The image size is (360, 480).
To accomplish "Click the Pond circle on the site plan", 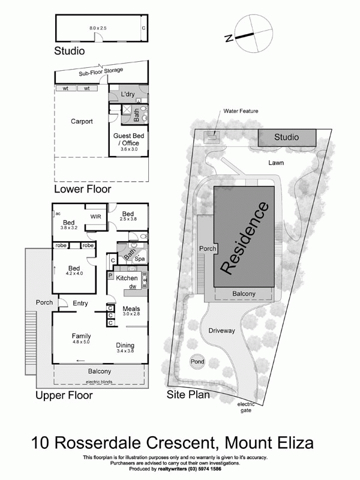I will (x=197, y=361).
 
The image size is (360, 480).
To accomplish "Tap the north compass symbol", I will (x=245, y=35).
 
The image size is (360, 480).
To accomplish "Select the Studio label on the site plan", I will (x=286, y=137).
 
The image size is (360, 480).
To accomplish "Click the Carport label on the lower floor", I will (x=82, y=121).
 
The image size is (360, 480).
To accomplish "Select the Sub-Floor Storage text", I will (x=101, y=71).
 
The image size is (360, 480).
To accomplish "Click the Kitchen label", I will (x=127, y=278).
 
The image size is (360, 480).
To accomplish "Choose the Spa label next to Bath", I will (x=139, y=259).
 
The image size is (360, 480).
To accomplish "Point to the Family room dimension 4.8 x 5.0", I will (x=81, y=343).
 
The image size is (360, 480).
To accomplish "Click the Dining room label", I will (x=125, y=345).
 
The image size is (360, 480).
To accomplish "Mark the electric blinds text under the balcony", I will (x=100, y=382).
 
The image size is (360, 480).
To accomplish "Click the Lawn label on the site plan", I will (x=277, y=163).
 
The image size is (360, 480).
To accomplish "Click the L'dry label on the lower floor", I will (x=127, y=95).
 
